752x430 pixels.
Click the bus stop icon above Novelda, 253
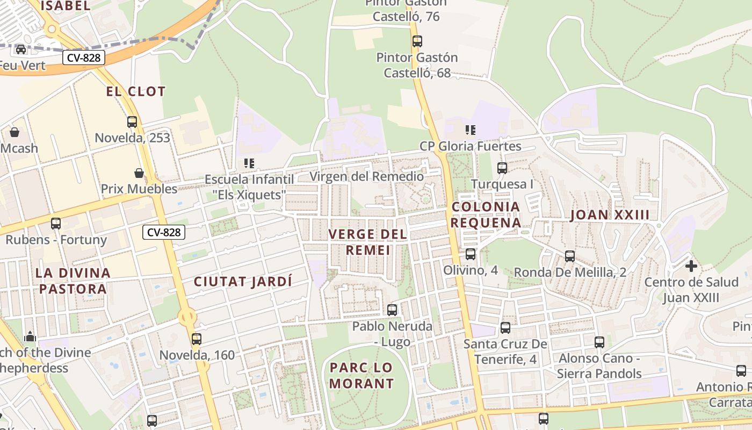(132, 122)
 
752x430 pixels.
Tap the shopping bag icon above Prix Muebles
(139, 173)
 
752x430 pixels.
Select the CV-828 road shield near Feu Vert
(83, 58)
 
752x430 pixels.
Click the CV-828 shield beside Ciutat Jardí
(164, 232)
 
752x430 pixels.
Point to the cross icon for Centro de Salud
(691, 266)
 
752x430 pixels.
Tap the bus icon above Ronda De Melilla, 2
(570, 256)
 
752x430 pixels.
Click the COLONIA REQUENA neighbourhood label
(486, 214)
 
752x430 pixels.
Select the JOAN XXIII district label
(610, 215)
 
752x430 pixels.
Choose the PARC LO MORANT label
(361, 376)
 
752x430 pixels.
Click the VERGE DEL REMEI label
(368, 242)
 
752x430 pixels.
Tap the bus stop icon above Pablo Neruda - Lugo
(392, 310)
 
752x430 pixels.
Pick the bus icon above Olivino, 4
(471, 254)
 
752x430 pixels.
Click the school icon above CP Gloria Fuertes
(471, 130)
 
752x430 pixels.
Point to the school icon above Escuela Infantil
(249, 163)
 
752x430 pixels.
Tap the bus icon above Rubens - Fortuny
(56, 224)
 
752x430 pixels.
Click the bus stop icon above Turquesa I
(502, 168)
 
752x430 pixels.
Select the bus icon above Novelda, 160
(197, 339)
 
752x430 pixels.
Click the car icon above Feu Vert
(21, 49)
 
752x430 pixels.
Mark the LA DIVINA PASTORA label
(73, 281)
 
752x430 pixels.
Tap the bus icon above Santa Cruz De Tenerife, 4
(505, 328)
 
